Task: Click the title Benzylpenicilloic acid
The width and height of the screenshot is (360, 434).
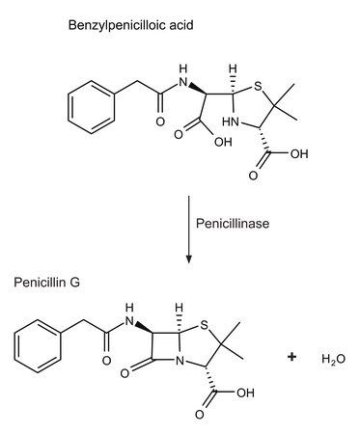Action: (130, 25)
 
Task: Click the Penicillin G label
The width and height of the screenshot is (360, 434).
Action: (46, 283)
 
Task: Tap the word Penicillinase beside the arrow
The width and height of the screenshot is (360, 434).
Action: (233, 223)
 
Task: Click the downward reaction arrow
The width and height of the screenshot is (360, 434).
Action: (189, 230)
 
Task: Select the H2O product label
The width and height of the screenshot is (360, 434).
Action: (333, 359)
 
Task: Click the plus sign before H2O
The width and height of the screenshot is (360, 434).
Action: (291, 357)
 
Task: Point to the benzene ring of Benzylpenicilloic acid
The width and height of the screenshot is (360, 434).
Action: (92, 107)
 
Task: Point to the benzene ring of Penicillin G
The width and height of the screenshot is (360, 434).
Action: (38, 346)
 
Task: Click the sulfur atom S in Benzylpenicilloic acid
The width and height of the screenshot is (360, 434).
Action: (258, 86)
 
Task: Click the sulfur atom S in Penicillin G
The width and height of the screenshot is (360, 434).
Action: (204, 325)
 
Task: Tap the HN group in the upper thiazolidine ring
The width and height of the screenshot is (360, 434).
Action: (231, 122)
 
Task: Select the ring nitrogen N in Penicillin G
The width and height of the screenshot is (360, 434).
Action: (180, 361)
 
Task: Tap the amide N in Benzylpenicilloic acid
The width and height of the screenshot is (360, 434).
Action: (182, 83)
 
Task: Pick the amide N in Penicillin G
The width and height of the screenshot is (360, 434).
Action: (129, 321)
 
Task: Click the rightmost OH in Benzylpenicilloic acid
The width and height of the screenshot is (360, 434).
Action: (299, 153)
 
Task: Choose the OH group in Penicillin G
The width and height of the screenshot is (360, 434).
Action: (245, 393)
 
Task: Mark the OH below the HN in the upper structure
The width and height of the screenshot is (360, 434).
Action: (223, 142)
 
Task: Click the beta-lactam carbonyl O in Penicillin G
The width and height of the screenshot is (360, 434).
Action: (125, 373)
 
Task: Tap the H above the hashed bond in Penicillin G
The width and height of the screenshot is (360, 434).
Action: (180, 307)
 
